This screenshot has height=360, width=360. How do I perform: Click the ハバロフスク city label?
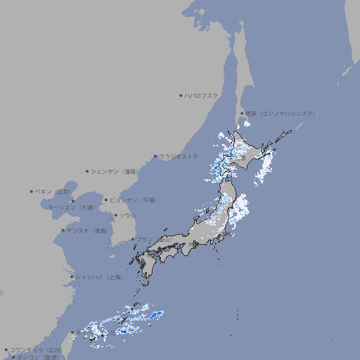pyautogui.click(x=202, y=95)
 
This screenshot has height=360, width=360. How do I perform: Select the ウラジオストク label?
pyautogui.click(x=179, y=156)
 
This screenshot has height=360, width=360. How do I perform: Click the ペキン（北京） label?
pyautogui.click(x=54, y=191)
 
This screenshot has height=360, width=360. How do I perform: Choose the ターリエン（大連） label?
pyautogui.click(x=71, y=207)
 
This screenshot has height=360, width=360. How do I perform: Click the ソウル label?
pyautogui.click(x=127, y=215)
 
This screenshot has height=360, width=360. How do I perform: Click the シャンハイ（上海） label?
pyautogui.click(x=98, y=277)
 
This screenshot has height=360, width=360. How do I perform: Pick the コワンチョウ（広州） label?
pyautogui.click(x=35, y=349)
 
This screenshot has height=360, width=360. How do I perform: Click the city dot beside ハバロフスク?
pyautogui.click(x=181, y=95)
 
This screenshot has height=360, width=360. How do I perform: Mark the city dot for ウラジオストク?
pyautogui.click(x=155, y=156)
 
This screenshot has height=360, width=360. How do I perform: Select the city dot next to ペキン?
pyautogui.click(x=32, y=191)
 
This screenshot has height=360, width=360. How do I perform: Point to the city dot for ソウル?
pyautogui.click(x=115, y=215)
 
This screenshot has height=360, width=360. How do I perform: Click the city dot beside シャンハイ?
pyautogui.click(x=72, y=277)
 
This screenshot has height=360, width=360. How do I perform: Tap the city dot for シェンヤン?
pyautogui.click(x=87, y=171)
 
